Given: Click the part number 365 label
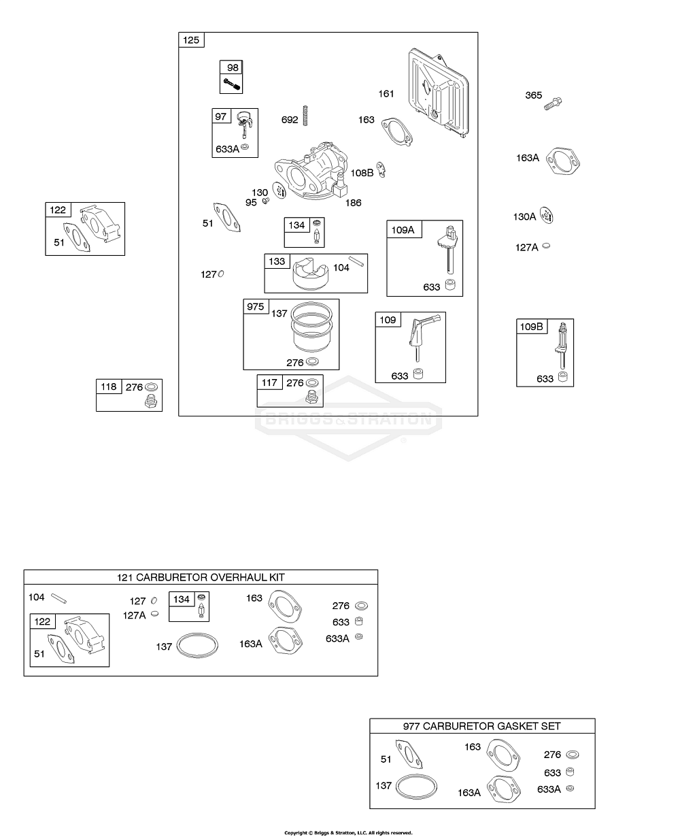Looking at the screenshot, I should tap(533, 95).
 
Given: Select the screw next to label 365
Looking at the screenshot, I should tap(555, 104).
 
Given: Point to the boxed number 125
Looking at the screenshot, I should tap(191, 40).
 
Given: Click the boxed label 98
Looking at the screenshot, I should tap(233, 67).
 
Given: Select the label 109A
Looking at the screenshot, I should tap(403, 230).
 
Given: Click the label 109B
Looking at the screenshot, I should tap(532, 327).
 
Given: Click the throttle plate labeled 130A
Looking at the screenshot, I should tap(548, 216).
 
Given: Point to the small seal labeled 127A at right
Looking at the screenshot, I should tap(547, 246).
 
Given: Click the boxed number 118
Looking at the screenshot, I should tap(109, 387).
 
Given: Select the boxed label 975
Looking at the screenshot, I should tap(255, 307).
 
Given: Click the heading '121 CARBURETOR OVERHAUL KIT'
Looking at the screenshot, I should tap(201, 577).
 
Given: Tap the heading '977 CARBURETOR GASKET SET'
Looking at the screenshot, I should tap(481, 726).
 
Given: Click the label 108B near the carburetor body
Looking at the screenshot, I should tap(362, 173).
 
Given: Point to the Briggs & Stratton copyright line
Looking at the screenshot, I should tap(348, 832).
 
